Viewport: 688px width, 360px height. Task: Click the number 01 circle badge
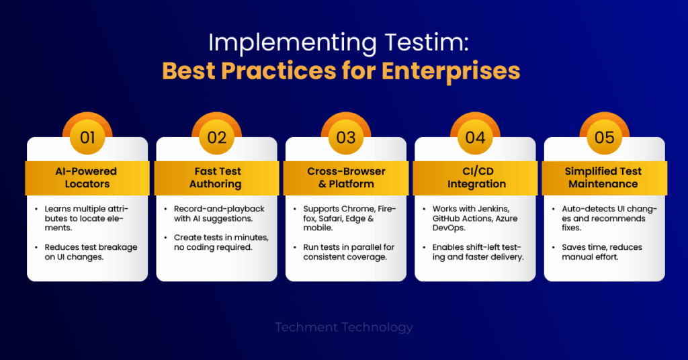87,137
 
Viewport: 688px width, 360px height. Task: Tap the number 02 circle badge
217,137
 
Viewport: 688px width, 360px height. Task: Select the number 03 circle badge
346,137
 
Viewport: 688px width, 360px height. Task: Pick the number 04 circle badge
475,137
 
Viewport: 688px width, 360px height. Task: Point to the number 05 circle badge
604,137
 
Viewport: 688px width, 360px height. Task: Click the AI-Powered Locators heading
87,177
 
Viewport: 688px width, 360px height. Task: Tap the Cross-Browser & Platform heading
346,177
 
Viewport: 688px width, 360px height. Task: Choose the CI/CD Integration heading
477,177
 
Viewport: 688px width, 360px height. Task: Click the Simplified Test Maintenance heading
603,177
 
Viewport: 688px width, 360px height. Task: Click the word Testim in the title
427,42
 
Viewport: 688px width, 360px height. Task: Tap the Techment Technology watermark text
343,327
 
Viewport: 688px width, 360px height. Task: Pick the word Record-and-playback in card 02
220,209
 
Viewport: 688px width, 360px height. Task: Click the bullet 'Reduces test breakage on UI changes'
91,252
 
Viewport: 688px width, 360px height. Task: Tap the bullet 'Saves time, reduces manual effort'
601,252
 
